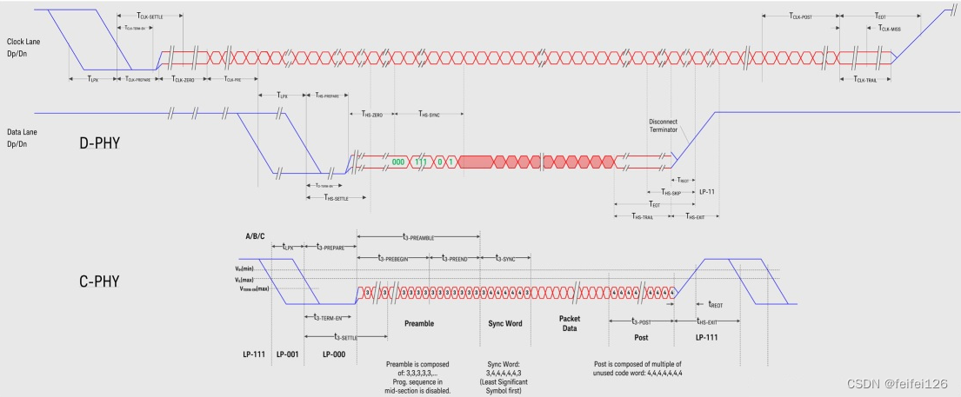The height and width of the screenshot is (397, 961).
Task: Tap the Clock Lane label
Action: [27, 45]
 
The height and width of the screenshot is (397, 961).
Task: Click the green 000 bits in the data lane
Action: [399, 162]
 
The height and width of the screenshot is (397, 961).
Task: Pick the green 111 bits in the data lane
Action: [421, 162]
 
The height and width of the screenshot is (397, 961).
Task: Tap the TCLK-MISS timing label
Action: [884, 29]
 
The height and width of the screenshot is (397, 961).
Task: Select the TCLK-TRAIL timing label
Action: [865, 79]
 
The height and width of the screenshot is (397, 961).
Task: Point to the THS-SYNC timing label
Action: [428, 114]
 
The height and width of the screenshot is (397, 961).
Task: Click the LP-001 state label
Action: [287, 354]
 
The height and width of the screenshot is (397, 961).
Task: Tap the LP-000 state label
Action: [335, 354]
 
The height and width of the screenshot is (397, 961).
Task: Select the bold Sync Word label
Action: [502, 323]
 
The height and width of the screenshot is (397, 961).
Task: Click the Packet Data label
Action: [570, 323]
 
